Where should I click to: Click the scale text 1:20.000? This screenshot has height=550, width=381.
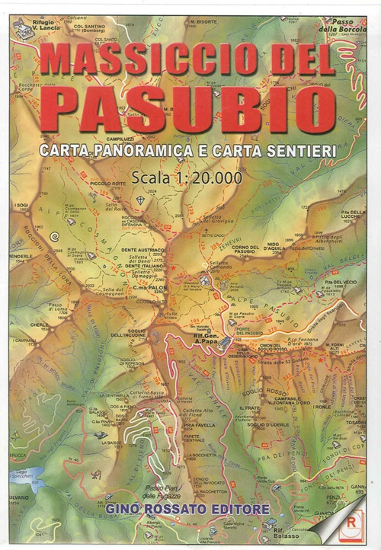[x=207, y=177]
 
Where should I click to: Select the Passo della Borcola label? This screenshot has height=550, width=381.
[x=338, y=27]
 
